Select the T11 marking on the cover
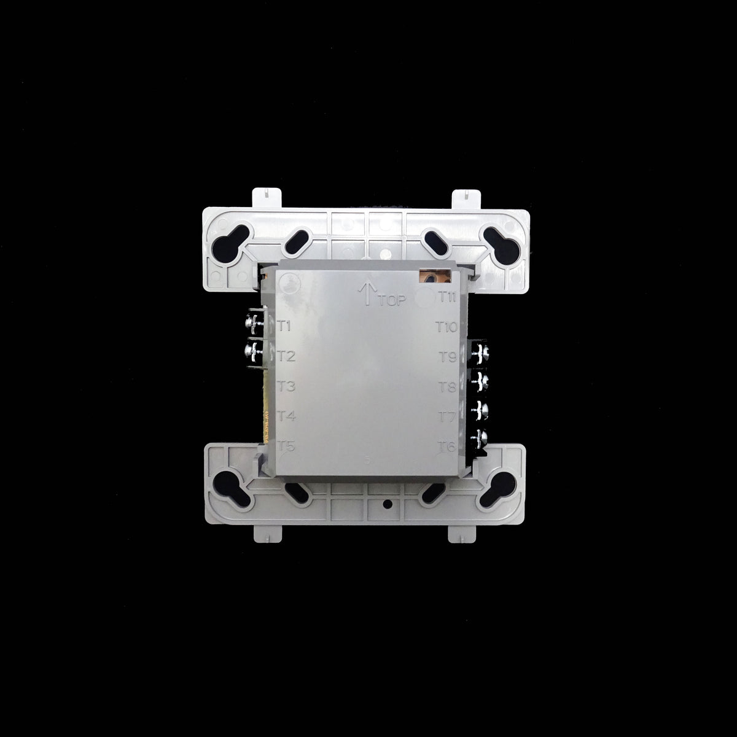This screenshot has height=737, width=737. pos(446,297)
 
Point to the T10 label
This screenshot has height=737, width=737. pos(446,327)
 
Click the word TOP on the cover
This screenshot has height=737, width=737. pos(392,301)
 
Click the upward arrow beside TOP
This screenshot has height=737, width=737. pos(367,293)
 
